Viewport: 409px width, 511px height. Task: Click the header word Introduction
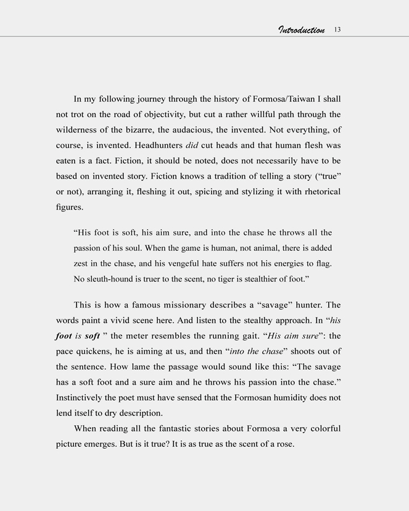(301, 30)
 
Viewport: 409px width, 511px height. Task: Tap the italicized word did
(191, 145)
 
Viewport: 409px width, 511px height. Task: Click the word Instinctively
(85, 398)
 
